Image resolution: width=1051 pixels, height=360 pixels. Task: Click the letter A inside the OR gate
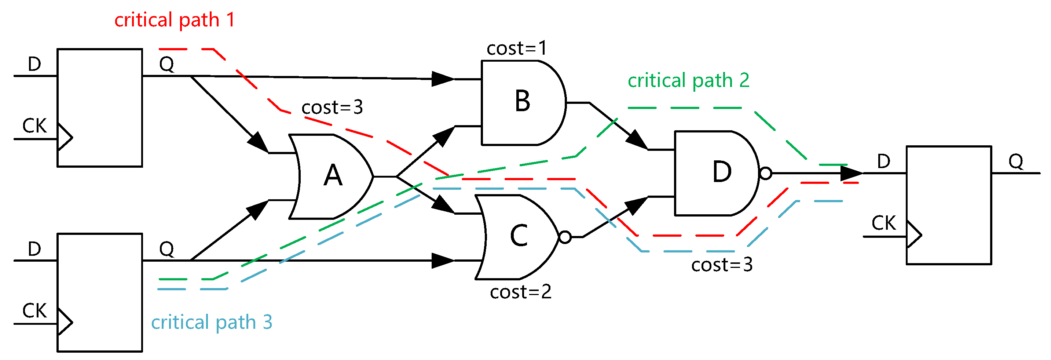[x=333, y=176]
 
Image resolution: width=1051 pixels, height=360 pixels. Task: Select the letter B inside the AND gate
[x=522, y=101]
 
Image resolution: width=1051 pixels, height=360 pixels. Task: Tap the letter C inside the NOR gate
[x=519, y=236]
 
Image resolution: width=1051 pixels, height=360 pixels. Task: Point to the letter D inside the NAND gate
[x=722, y=172]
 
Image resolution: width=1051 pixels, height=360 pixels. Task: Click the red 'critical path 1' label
[x=175, y=20]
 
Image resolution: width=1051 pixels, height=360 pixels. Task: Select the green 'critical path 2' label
[x=688, y=80]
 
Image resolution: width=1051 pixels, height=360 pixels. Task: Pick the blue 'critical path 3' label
[x=211, y=323]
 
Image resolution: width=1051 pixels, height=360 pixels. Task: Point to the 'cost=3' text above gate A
[x=332, y=108]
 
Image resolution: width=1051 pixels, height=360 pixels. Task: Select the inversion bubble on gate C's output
[x=565, y=237]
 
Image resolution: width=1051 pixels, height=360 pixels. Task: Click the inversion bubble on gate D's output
[x=765, y=174]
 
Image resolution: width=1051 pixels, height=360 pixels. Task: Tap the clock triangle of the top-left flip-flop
[x=65, y=137]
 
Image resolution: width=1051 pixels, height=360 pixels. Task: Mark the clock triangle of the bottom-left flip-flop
[x=65, y=323]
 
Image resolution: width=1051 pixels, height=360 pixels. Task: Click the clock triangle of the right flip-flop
[x=913, y=235]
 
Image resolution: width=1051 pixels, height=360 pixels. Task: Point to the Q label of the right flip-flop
[x=1015, y=161]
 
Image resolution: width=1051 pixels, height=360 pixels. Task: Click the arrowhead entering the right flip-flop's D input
[x=852, y=174]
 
